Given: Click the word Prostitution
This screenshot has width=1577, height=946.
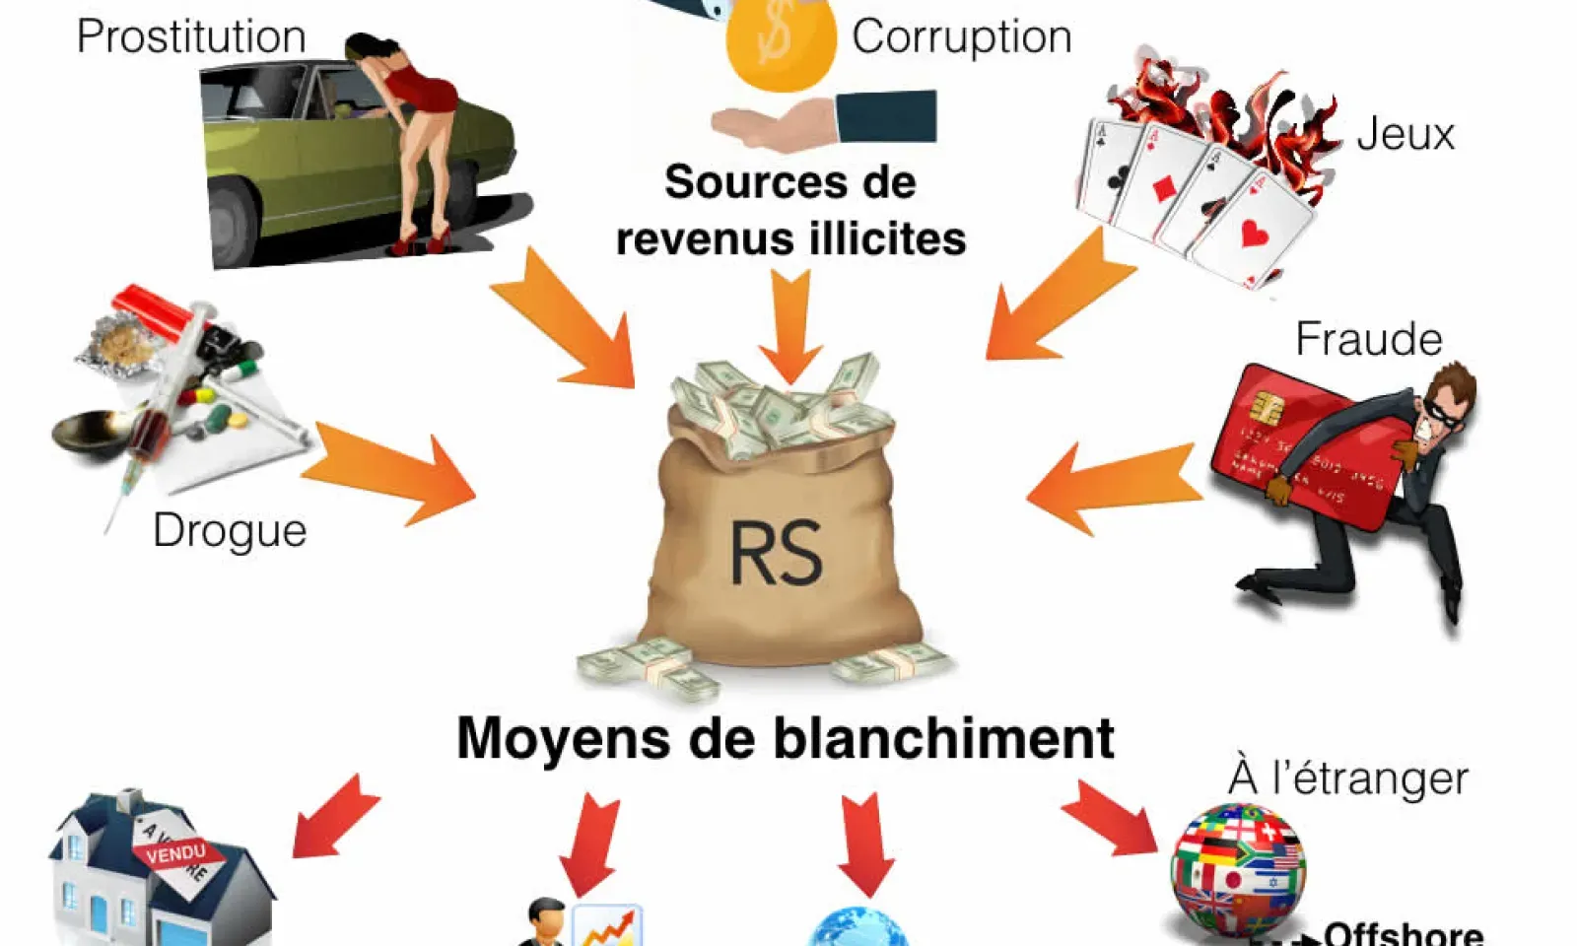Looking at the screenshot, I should (x=191, y=37).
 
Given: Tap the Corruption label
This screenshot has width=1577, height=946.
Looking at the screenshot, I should (x=961, y=37).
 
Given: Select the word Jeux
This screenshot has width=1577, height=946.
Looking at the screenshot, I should (x=1406, y=134).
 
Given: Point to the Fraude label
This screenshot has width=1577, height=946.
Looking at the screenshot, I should (x=1368, y=339).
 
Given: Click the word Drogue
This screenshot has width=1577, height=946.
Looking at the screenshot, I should (x=230, y=531).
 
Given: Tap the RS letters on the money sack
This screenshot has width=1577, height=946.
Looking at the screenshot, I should (x=776, y=553).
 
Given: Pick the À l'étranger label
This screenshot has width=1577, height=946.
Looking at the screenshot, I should (x=1347, y=777).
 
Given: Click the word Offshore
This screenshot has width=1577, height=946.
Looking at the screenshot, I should (x=1404, y=932).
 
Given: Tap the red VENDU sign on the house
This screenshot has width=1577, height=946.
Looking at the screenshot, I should (x=176, y=852).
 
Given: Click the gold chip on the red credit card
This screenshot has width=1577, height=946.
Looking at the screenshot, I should (x=1268, y=406).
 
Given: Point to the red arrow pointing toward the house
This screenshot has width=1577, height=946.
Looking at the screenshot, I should (x=334, y=816).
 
